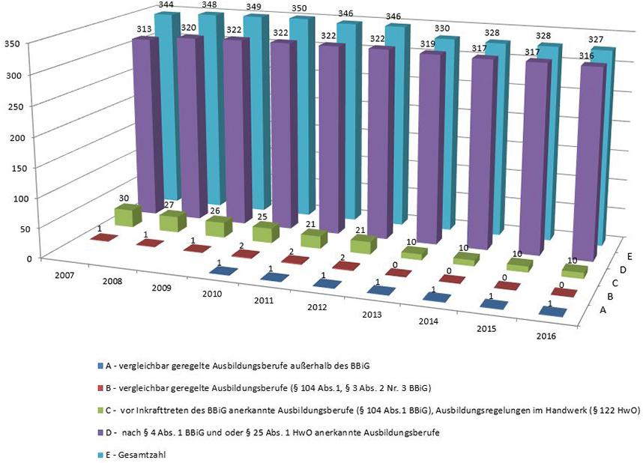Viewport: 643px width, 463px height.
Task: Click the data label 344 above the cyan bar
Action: (165, 6)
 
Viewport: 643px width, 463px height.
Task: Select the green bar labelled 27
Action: (173, 222)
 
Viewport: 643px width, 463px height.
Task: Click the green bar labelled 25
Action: (265, 231)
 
